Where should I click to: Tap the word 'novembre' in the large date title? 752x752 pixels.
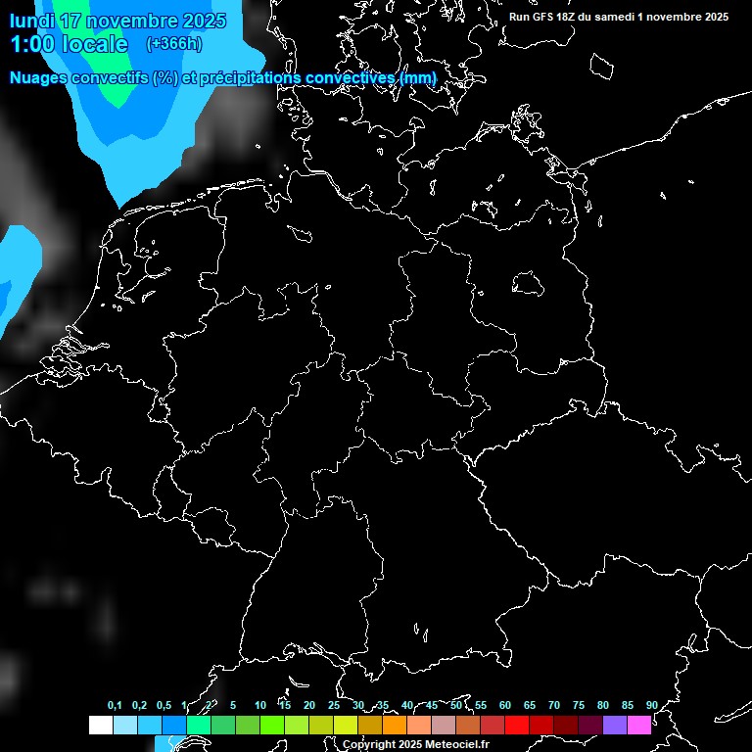tap(135, 21)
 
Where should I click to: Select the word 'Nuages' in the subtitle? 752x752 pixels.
tap(42, 77)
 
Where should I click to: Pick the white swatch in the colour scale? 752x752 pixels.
tap(100, 726)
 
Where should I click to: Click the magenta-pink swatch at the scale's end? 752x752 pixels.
tap(638, 726)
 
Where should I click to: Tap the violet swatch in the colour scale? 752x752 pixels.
tap(614, 726)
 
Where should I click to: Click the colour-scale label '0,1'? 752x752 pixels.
tap(115, 706)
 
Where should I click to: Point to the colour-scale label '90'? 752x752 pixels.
tap(651, 706)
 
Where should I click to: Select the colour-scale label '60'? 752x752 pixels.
tap(504, 706)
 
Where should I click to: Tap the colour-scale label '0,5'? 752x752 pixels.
tap(164, 706)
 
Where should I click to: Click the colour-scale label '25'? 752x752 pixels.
tap(333, 706)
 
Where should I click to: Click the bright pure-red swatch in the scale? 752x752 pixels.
tap(516, 726)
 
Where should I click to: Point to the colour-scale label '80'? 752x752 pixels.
tap(602, 706)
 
